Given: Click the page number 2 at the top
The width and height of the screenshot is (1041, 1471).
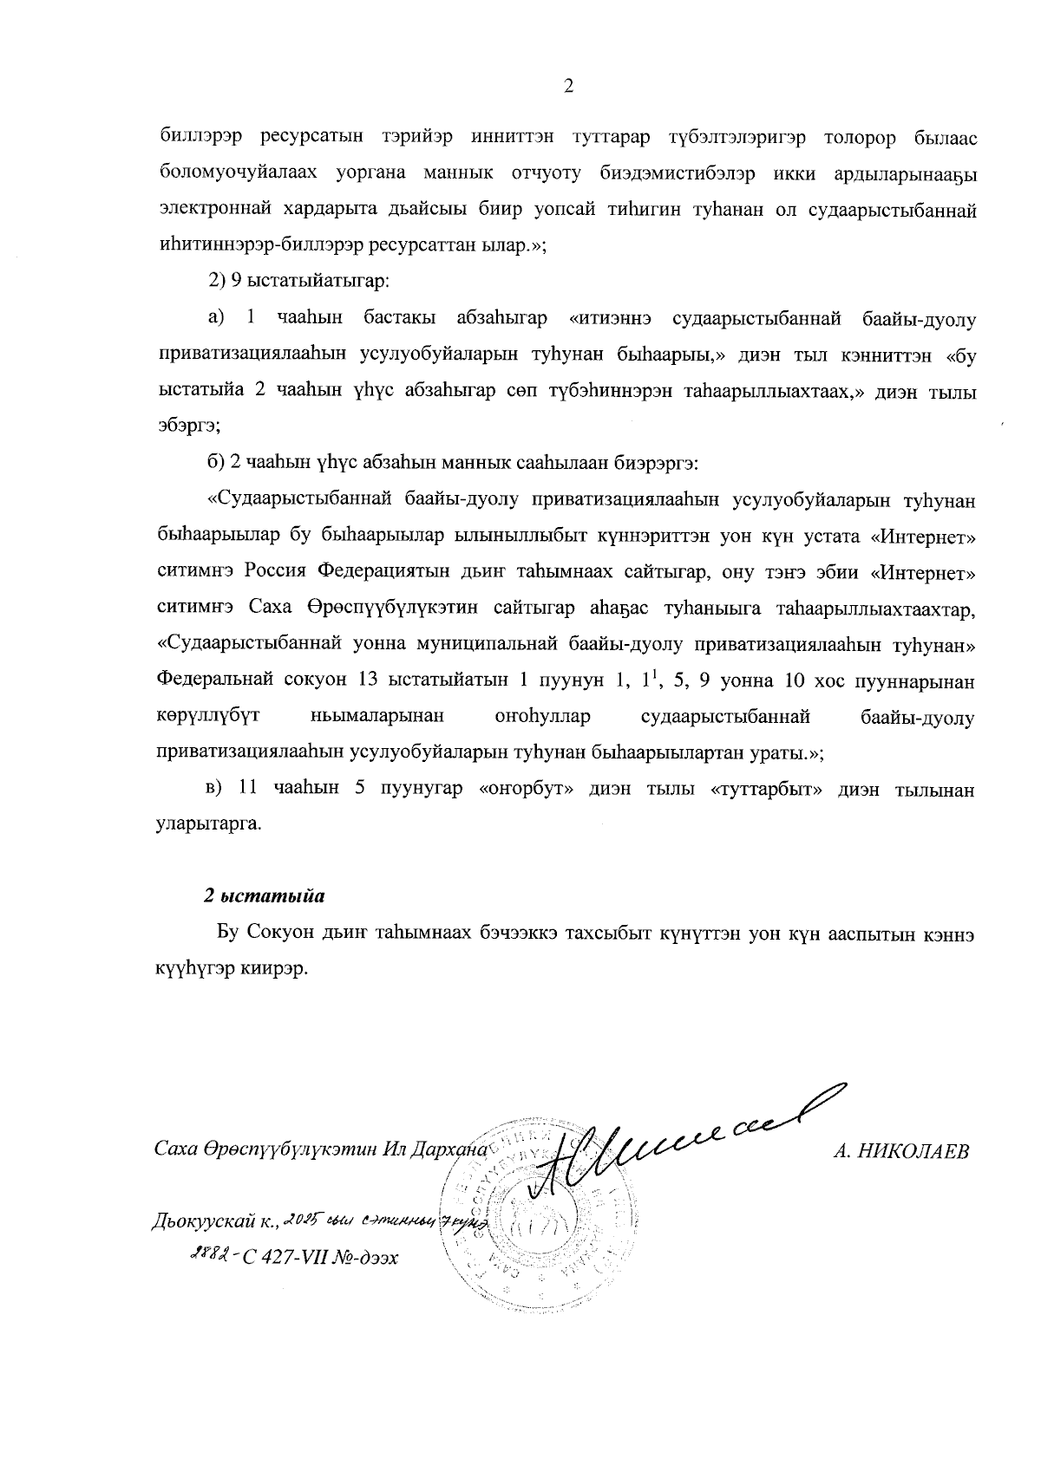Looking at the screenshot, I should click(x=568, y=86).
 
